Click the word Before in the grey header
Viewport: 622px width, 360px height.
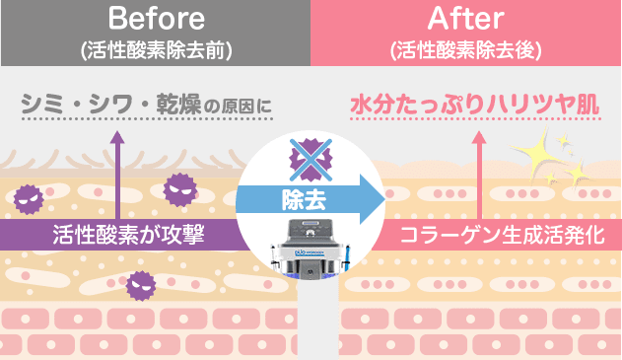tap(156, 19)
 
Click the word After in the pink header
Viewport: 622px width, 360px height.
tap(465, 19)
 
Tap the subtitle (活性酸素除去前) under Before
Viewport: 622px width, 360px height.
tap(156, 49)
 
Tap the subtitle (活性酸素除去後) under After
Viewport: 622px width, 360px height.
tap(465, 49)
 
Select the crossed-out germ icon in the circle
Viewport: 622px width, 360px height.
tap(311, 156)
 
